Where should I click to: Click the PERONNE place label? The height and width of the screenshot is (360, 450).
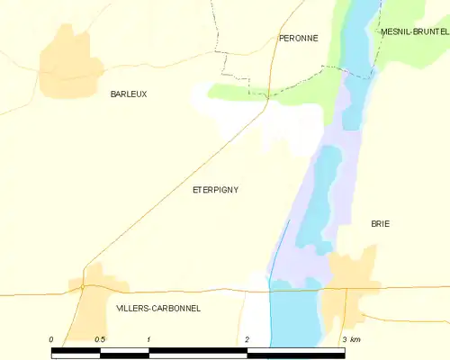(x=298, y=38)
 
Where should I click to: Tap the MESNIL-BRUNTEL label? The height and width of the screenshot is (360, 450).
(x=414, y=31)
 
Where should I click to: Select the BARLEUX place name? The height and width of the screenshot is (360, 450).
(x=128, y=94)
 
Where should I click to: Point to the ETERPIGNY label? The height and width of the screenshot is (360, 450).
(x=216, y=189)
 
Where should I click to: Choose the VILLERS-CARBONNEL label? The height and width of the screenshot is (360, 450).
(x=158, y=308)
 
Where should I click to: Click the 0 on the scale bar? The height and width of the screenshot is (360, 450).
(x=51, y=339)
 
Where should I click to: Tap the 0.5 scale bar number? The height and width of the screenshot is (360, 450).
(x=99, y=339)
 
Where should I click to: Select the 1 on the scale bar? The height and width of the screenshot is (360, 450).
(x=148, y=339)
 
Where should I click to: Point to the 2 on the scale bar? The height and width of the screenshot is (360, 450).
(x=246, y=339)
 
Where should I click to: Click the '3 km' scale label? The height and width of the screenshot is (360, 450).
(x=351, y=339)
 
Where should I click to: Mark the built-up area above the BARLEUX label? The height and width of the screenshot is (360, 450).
(x=65, y=63)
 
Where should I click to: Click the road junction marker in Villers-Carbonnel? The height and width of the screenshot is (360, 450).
(x=82, y=286)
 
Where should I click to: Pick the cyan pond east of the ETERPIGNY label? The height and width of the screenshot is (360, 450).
(x=319, y=198)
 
